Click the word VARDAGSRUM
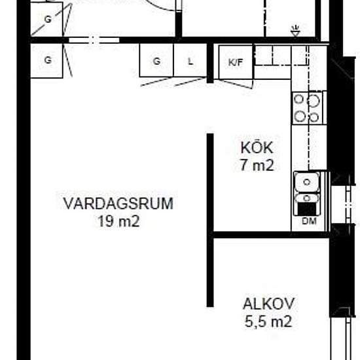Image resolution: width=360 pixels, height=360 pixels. click(x=118, y=204)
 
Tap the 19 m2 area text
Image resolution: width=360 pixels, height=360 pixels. click(x=118, y=221)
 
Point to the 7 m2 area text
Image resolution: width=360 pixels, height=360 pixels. click(x=255, y=165)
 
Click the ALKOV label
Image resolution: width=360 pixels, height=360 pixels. click(x=268, y=304)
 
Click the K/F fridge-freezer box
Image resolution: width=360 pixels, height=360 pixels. click(x=234, y=62)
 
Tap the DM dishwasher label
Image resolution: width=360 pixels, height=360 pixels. click(x=308, y=221)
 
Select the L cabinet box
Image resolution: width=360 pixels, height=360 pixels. click(x=190, y=62)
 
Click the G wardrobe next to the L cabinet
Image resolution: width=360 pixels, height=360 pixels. click(x=156, y=62)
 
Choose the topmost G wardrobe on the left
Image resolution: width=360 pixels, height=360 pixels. click(x=47, y=19)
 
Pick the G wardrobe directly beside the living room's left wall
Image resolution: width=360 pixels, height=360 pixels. click(x=48, y=59)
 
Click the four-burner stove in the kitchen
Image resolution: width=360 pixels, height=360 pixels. click(x=308, y=108)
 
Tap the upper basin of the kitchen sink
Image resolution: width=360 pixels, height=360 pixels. click(x=306, y=182)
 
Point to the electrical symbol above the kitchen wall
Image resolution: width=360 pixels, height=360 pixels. click(x=295, y=29)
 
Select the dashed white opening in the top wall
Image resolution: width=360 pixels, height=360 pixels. click(x=94, y=40)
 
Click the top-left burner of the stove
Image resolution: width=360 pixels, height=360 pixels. click(x=300, y=100)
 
